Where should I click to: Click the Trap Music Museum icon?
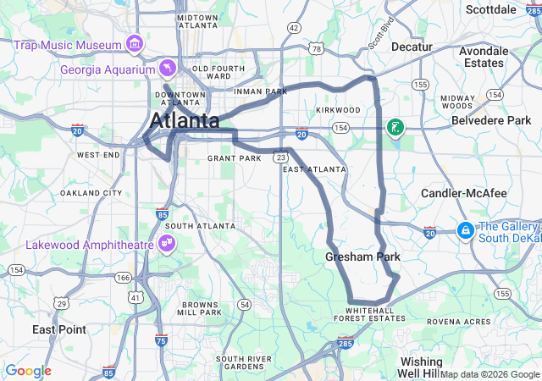point(134,43)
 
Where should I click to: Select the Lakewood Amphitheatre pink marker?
point(166,245)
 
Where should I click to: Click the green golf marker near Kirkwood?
point(395,128)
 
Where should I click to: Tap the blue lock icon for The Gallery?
point(465,229)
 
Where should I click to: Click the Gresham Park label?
point(362,257)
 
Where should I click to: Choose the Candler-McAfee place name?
point(464,194)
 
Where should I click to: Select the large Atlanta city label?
point(185,121)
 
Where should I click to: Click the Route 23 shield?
point(280,157)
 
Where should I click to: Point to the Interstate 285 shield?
point(345,343)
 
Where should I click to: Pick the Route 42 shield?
point(294,28)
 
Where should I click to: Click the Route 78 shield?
point(316,49)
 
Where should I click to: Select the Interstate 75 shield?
point(161,340)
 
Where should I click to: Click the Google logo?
point(28,371)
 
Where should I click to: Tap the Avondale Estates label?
point(484,57)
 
